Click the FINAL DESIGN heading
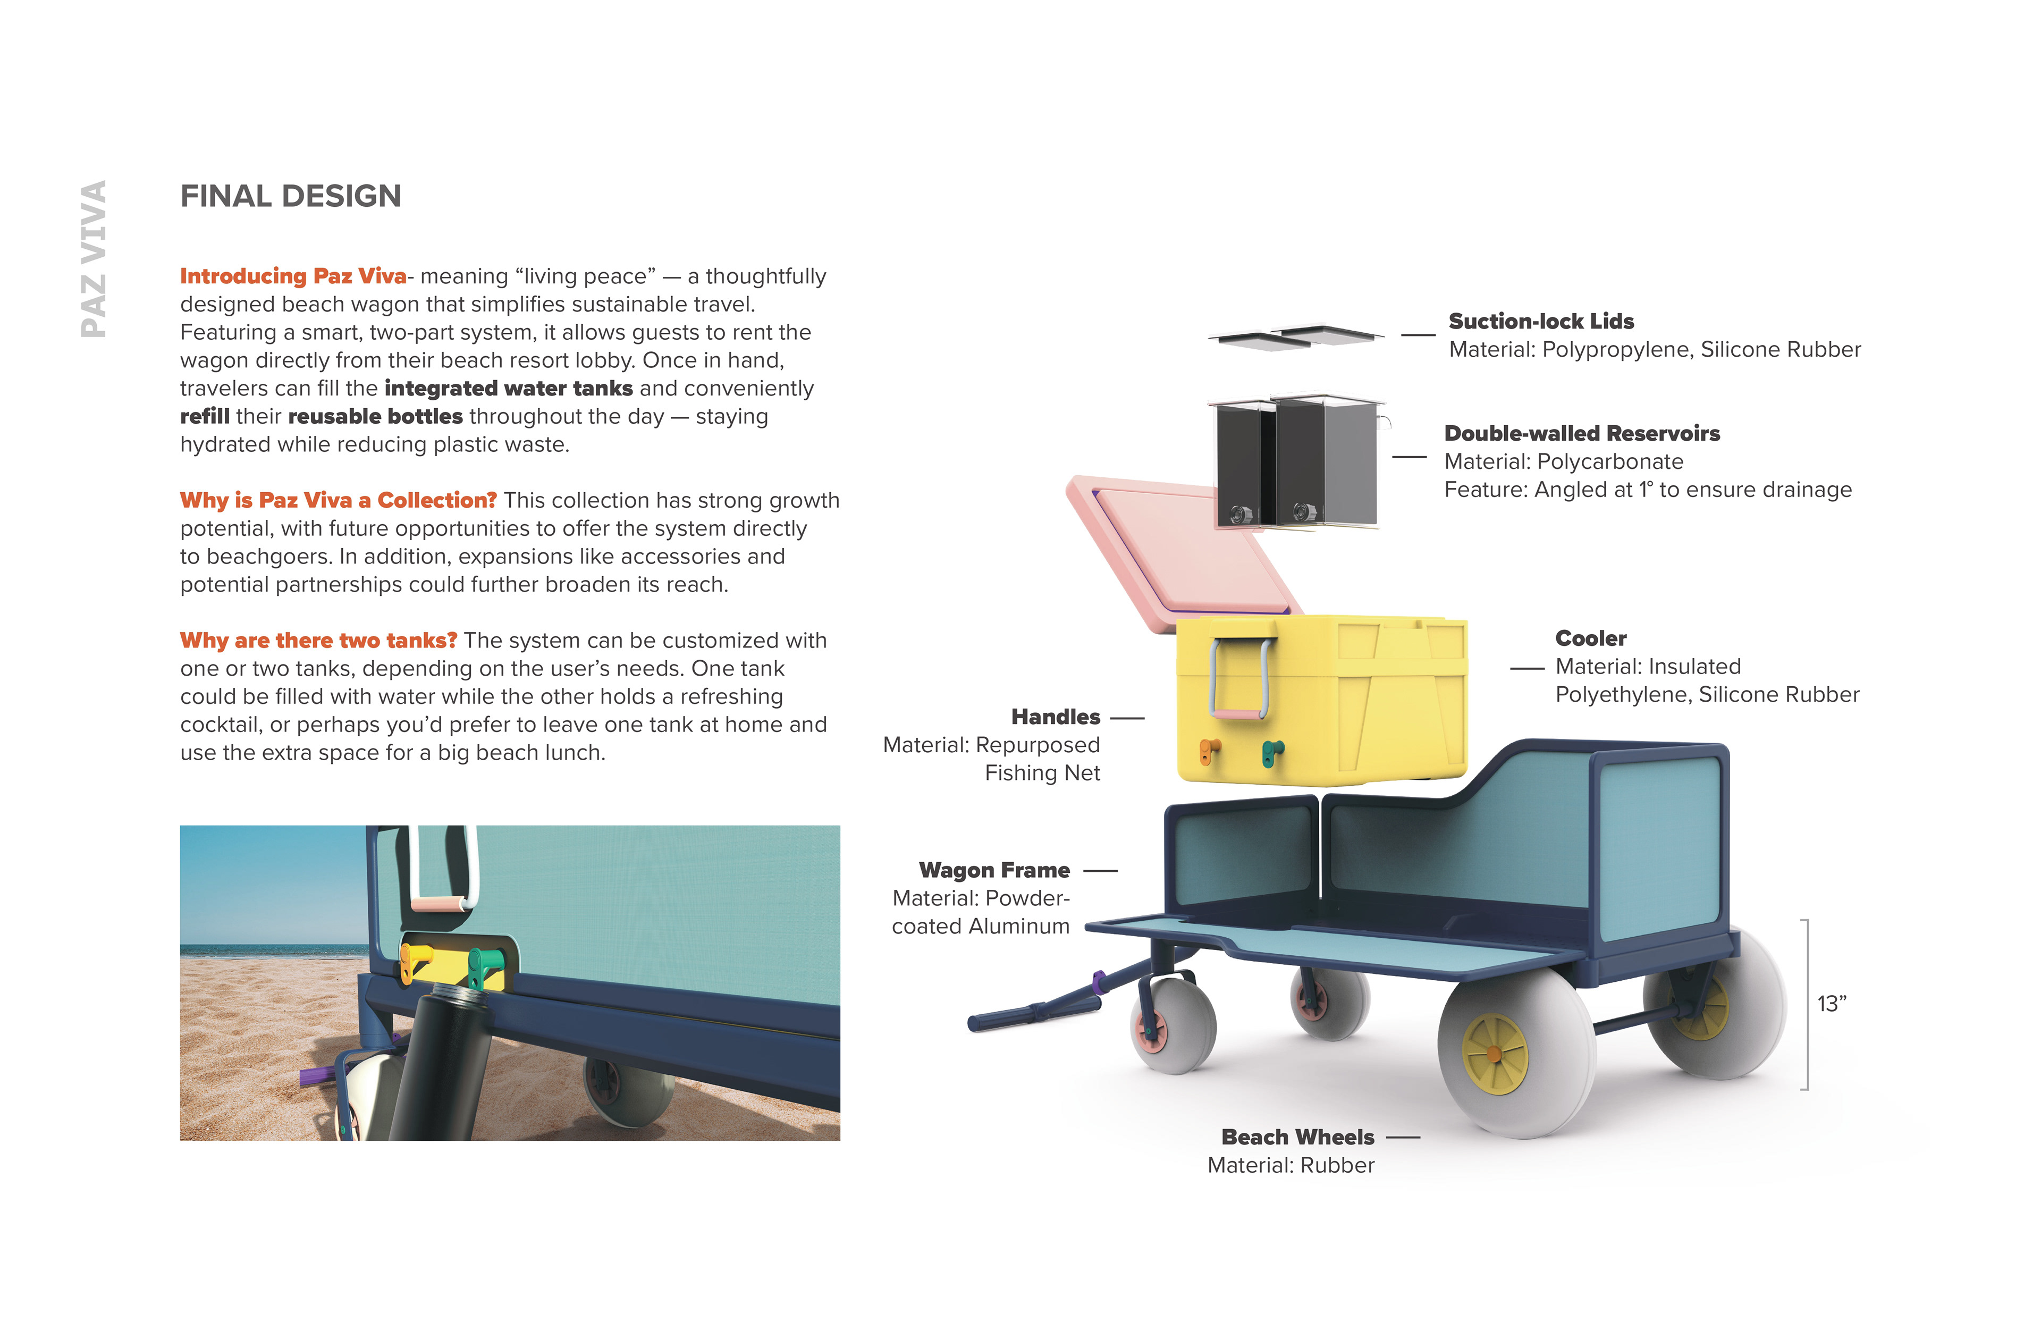(290, 197)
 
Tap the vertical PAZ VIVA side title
(94, 258)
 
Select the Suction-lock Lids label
(1541, 322)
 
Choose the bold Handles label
(1055, 717)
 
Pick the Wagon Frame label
(994, 871)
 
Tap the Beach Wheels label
(1297, 1138)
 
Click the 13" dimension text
(1831, 1005)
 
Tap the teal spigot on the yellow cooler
(1272, 752)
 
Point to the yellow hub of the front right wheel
(1495, 1054)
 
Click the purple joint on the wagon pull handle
(1098, 980)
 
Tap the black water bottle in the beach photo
(442, 1064)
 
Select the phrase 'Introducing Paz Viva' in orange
(292, 276)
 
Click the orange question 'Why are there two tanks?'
(318, 641)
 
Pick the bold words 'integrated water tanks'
(509, 389)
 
